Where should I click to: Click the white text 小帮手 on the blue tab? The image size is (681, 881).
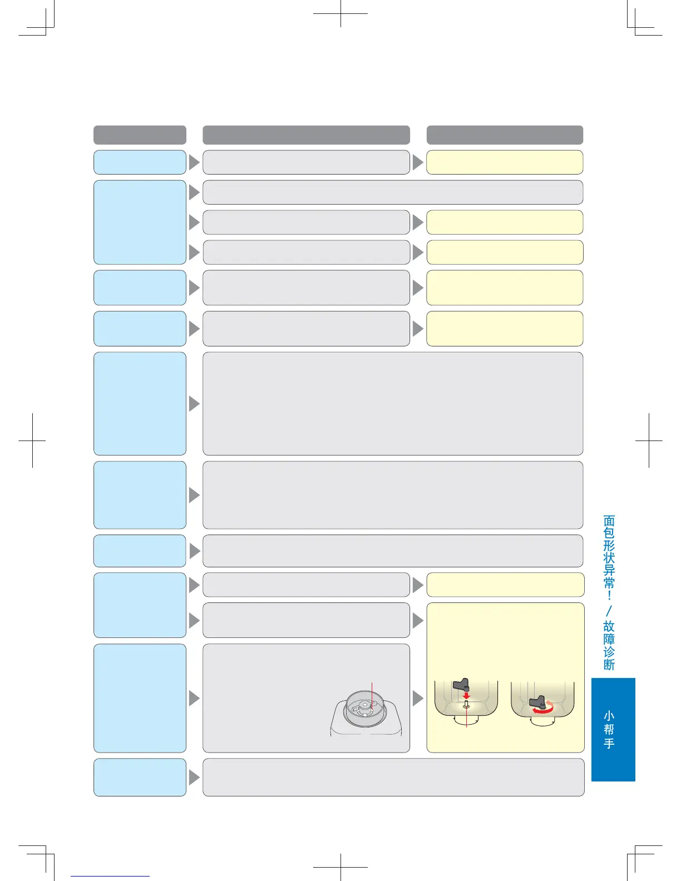click(609, 729)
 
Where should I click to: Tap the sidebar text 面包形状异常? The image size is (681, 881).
click(609, 552)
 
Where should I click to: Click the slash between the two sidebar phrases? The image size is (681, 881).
click(609, 610)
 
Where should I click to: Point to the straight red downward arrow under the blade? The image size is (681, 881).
click(466, 695)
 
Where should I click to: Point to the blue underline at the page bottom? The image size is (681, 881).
click(110, 876)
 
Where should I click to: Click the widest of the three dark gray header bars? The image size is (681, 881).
click(306, 135)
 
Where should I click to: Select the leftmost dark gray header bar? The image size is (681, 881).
click(140, 135)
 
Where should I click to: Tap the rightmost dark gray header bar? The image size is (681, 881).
click(505, 135)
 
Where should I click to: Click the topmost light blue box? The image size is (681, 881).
click(140, 162)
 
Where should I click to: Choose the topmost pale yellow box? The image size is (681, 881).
click(505, 162)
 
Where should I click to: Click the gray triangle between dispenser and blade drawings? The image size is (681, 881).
click(418, 698)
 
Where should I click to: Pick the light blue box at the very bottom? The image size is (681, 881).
click(140, 777)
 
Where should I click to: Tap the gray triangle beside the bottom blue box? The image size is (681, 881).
click(194, 777)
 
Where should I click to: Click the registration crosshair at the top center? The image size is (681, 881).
click(340, 13)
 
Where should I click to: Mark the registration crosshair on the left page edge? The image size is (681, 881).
click(32, 441)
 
